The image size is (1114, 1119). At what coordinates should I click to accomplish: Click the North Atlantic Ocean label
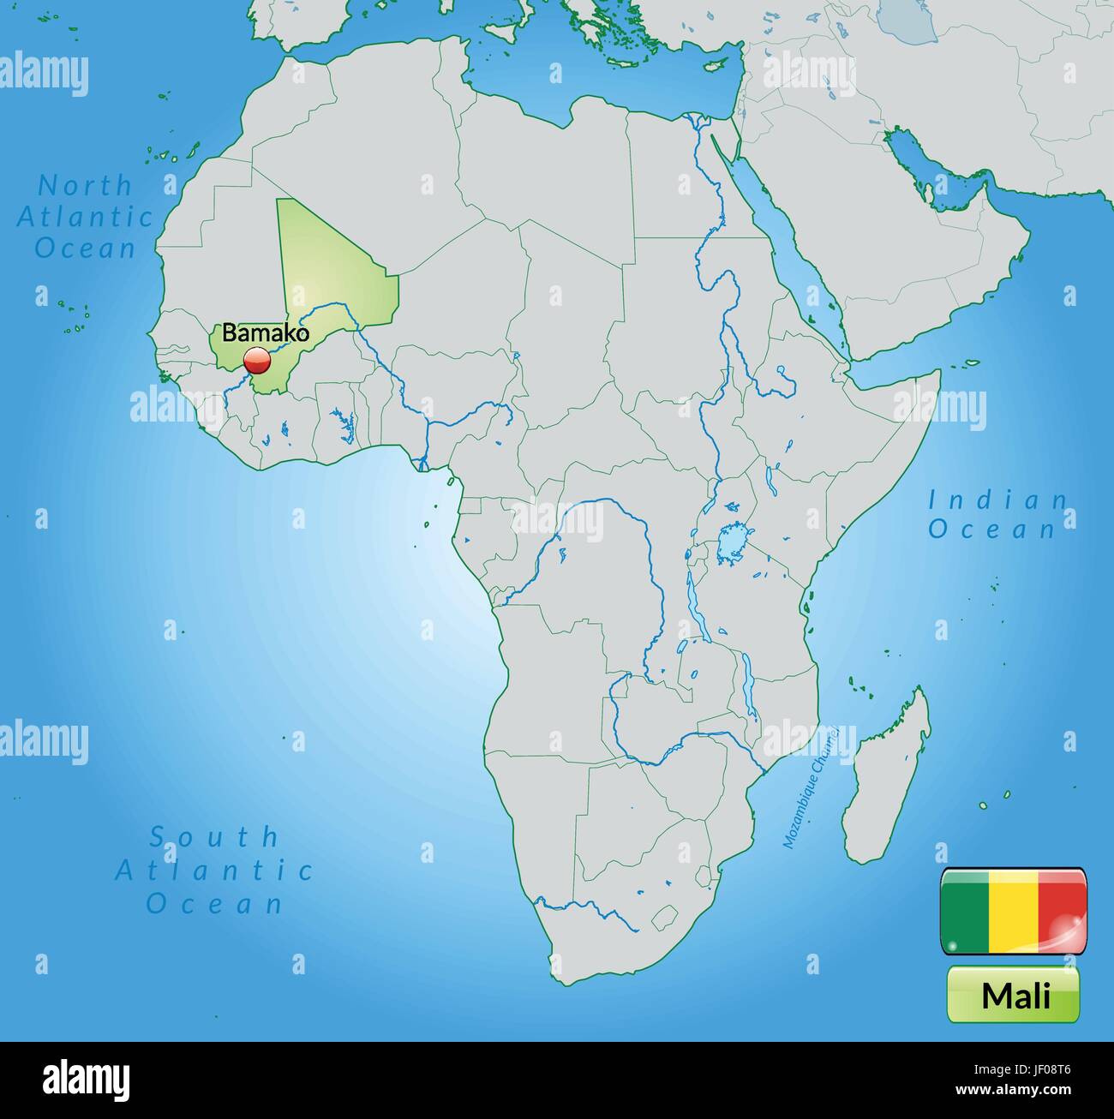pyautogui.click(x=86, y=216)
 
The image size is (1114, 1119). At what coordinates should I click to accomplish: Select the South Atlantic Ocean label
pyautogui.click(x=214, y=869)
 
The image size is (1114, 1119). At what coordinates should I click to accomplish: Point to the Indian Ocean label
pyautogui.click(x=997, y=514)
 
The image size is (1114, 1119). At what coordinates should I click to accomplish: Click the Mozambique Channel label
pyautogui.click(x=809, y=783)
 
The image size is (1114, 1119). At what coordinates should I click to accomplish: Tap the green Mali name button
pyautogui.click(x=1014, y=995)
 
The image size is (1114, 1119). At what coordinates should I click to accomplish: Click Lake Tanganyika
pyautogui.click(x=692, y=600)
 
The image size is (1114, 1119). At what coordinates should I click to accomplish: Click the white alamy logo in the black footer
pyautogui.click(x=87, y=1079)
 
